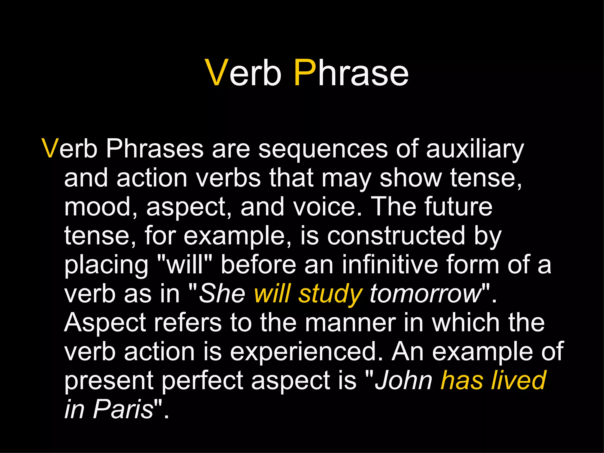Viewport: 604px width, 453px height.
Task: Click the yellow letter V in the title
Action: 217,73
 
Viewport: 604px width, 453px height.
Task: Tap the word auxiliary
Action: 475,149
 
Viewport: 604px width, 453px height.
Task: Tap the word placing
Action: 106,265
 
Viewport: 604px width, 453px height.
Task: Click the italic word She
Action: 222,293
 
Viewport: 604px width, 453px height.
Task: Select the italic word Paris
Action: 123,409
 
